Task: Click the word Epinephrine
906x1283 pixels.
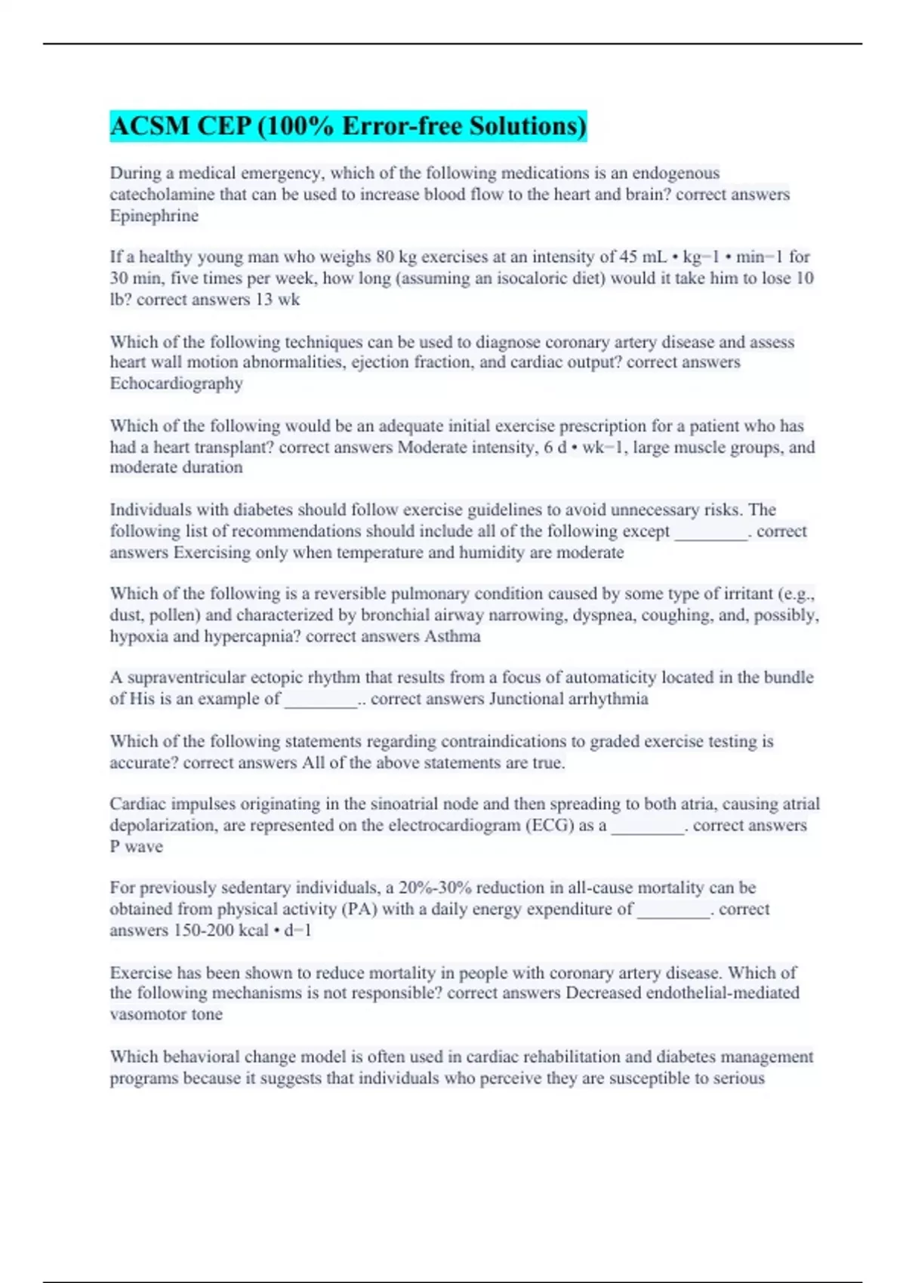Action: click(x=154, y=216)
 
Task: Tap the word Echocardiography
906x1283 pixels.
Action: click(x=176, y=383)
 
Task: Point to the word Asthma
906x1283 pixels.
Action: click(x=452, y=636)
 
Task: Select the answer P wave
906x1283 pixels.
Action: click(x=136, y=847)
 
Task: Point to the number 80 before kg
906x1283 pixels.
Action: click(x=385, y=257)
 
